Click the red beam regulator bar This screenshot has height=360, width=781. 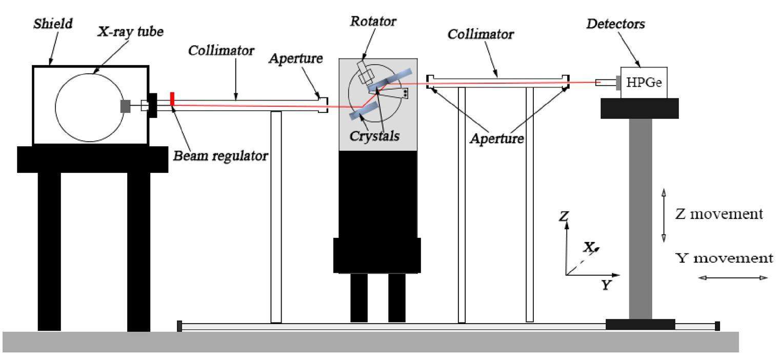[173, 99]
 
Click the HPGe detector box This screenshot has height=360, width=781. [644, 82]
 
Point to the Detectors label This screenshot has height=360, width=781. [624, 24]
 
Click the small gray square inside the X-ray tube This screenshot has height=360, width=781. [125, 106]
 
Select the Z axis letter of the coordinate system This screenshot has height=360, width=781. [564, 217]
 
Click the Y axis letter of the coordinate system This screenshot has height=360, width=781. [607, 286]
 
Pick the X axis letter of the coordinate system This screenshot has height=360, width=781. [589, 247]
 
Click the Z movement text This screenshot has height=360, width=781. [718, 213]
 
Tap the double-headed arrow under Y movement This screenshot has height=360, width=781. [733, 278]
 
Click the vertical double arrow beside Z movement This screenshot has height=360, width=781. [663, 215]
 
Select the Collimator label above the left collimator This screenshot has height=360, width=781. [221, 51]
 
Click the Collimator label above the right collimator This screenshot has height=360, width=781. [480, 34]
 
